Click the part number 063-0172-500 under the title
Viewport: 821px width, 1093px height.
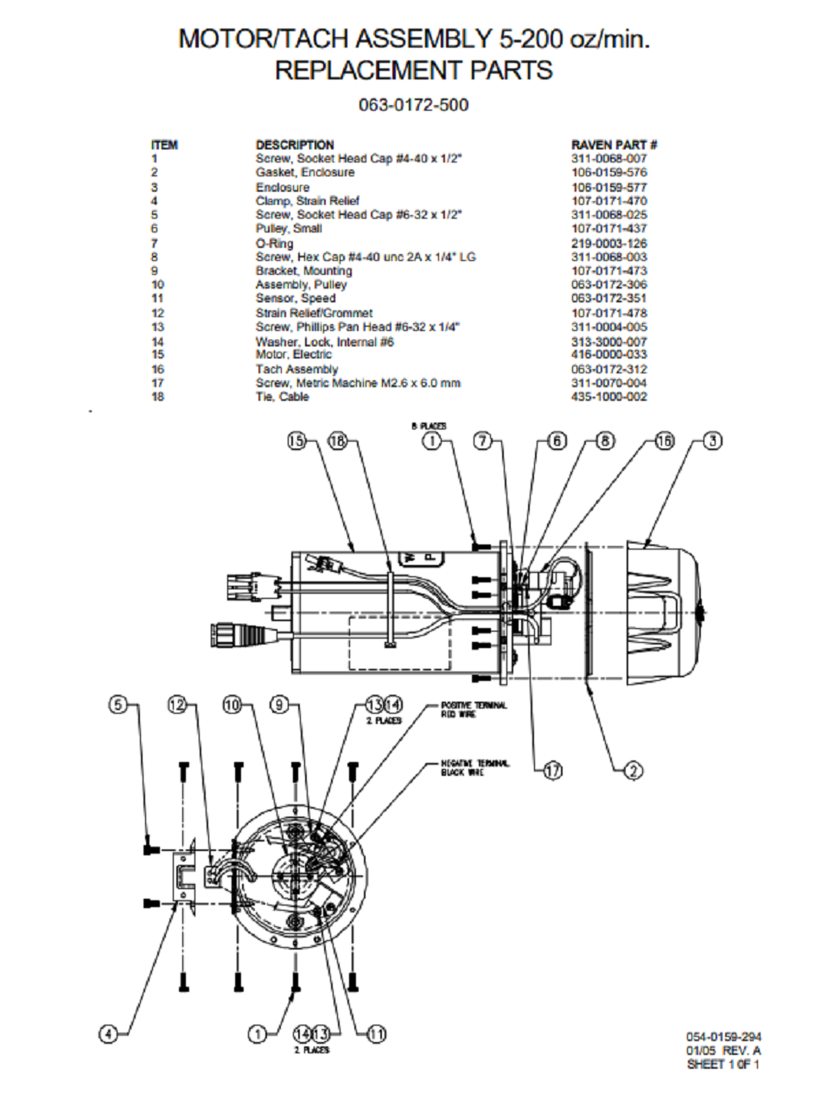pyautogui.click(x=413, y=105)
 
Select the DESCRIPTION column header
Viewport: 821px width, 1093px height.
pyautogui.click(x=295, y=144)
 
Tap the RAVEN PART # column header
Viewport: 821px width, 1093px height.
pyautogui.click(x=608, y=144)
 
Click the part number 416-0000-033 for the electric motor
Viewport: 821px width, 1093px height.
pyautogui.click(x=608, y=354)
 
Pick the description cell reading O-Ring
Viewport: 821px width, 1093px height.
pyautogui.click(x=274, y=243)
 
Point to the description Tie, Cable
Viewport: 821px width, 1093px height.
pyautogui.click(x=282, y=397)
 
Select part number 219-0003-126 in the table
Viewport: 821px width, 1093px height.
pyautogui.click(x=608, y=243)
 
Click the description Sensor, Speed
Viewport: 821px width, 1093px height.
pyautogui.click(x=295, y=298)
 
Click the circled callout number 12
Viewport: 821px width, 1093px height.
pyautogui.click(x=178, y=706)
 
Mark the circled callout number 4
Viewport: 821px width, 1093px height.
pyautogui.click(x=107, y=1033)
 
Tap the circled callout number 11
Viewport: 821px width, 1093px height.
pyautogui.click(x=376, y=1033)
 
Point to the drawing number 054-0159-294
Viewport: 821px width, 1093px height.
pyautogui.click(x=723, y=1037)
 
